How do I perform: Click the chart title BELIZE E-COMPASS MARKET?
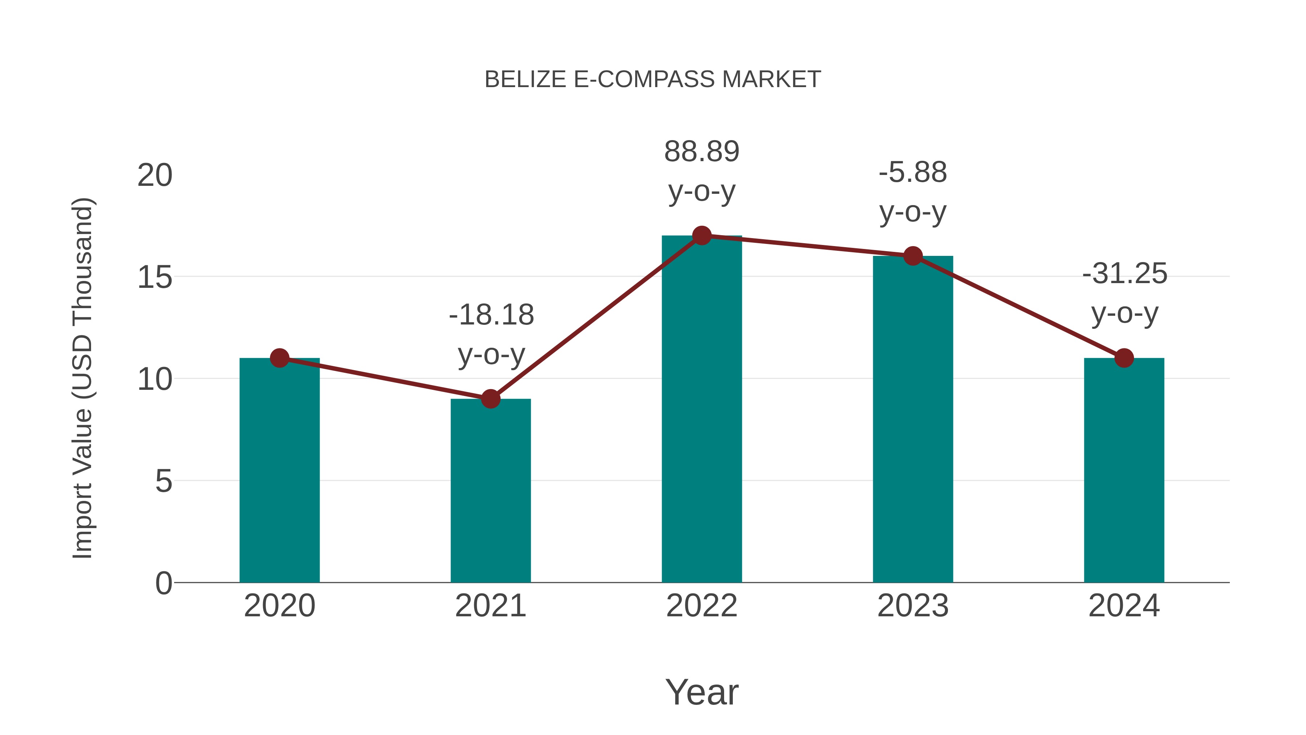(653, 79)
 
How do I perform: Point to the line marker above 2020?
(279, 358)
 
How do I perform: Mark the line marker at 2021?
(490, 399)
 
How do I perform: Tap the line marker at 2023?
(913, 256)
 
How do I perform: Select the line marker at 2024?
(1124, 358)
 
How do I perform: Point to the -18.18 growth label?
(491, 334)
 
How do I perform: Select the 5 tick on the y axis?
(163, 481)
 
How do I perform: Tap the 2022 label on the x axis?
(702, 606)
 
